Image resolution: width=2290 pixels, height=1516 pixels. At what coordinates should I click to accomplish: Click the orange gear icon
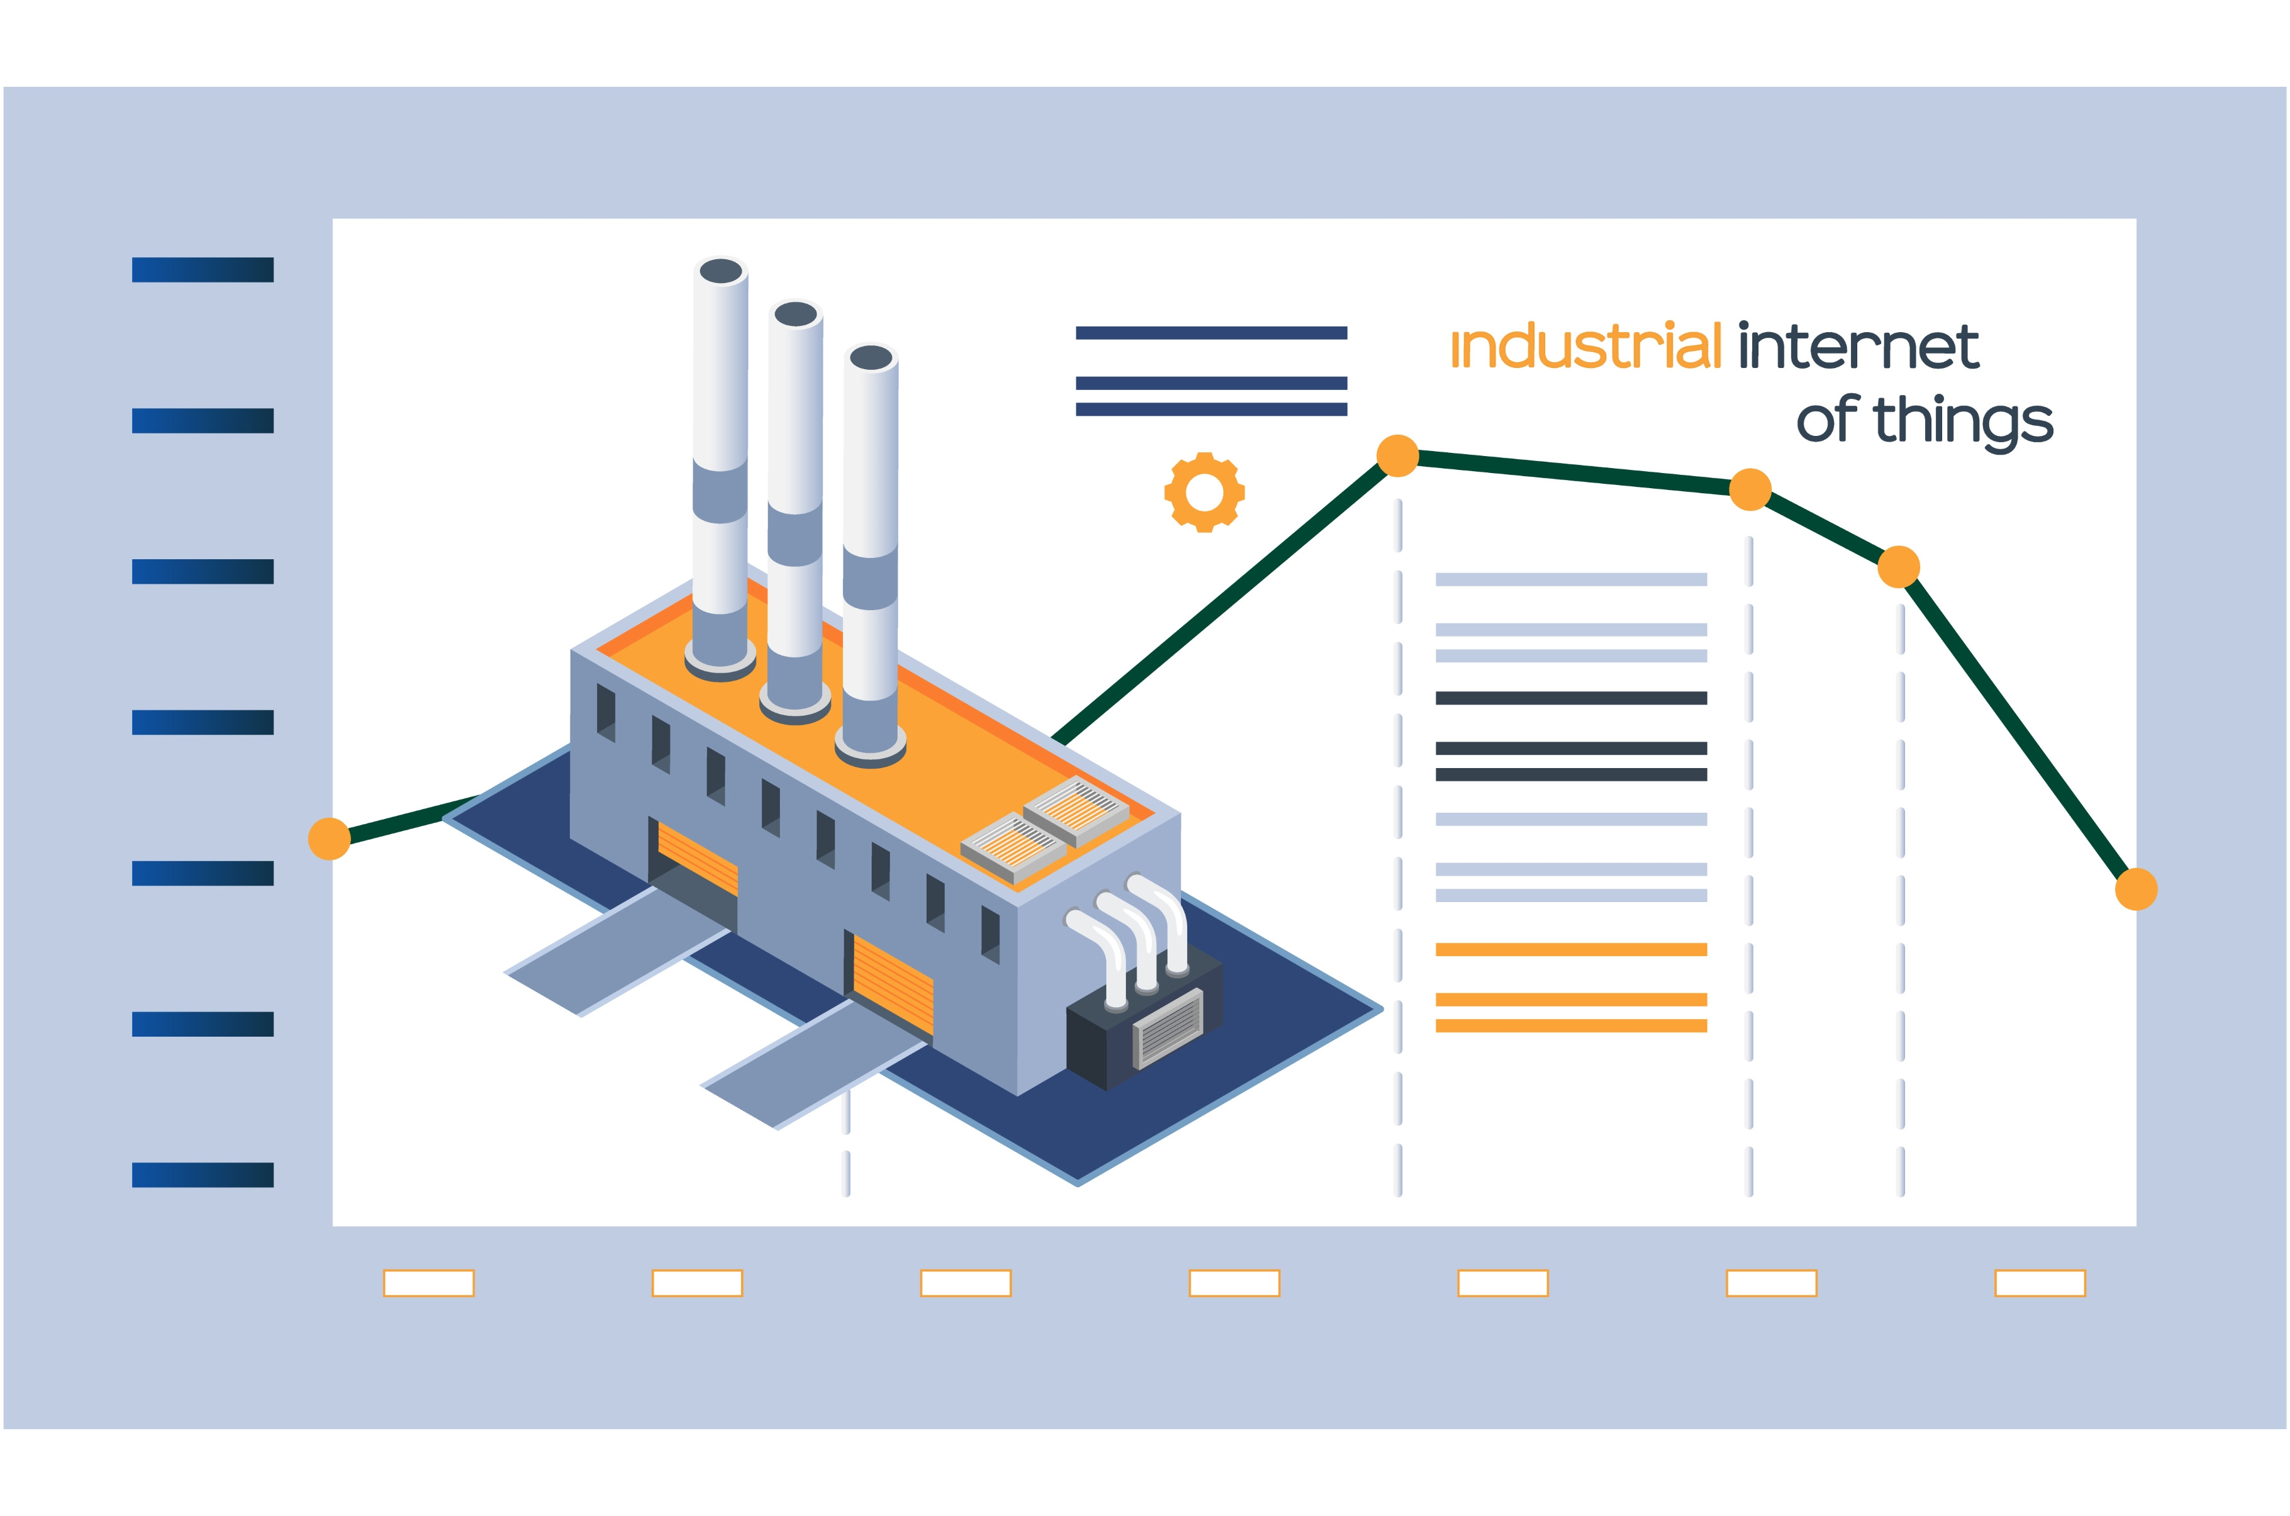(x=1204, y=492)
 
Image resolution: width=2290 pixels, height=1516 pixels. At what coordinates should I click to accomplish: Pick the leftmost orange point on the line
(x=328, y=839)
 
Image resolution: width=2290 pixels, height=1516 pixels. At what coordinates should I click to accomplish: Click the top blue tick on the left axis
(x=203, y=270)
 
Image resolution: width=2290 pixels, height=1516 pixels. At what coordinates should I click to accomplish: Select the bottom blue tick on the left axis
(x=203, y=1174)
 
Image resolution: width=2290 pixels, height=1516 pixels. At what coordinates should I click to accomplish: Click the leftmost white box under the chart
(x=428, y=1283)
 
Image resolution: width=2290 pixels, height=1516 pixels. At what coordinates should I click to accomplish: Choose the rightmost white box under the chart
(x=2040, y=1283)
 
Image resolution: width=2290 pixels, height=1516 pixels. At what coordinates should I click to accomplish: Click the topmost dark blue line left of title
(x=1211, y=333)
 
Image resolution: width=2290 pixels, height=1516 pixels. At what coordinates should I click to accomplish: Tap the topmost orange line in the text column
(x=1571, y=949)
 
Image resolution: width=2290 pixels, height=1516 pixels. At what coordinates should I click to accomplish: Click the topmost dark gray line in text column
(x=1571, y=698)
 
